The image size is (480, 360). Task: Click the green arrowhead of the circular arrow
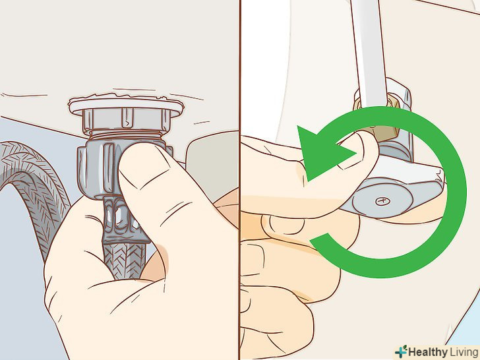[322, 153]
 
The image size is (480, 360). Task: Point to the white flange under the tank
[126, 105]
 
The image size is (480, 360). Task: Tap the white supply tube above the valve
[367, 52]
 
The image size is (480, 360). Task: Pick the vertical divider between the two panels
[240, 180]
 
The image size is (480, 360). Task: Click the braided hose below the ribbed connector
[123, 260]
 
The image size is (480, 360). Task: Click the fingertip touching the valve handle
[361, 147]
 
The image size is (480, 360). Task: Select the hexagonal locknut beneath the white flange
[125, 119]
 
